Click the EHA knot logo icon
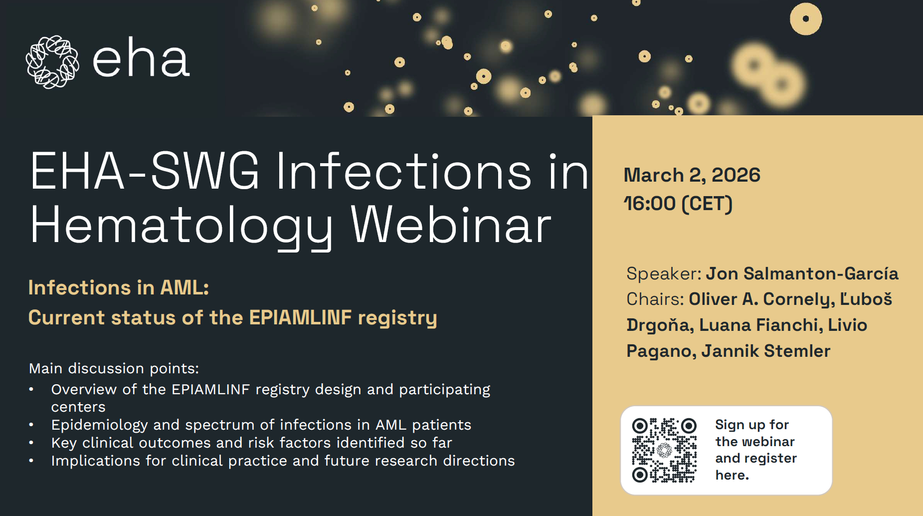point(52,62)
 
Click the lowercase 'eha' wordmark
point(141,58)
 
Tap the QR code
point(664,450)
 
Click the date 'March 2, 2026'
point(692,175)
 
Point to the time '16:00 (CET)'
point(678,204)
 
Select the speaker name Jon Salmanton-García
point(802,273)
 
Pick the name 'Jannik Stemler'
point(766,351)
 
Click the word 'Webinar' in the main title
point(451,225)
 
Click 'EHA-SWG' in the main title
point(145,171)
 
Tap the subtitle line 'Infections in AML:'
point(119,287)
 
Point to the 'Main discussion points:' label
point(114,368)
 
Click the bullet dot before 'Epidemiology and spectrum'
point(31,425)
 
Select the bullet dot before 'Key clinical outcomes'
point(31,443)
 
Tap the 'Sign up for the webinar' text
point(755,433)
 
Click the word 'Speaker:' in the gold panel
point(664,274)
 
